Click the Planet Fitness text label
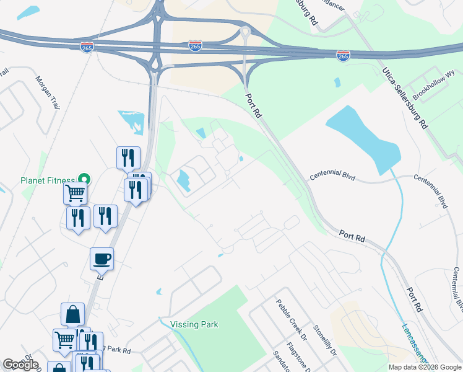[x=47, y=180]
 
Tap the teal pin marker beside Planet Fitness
[x=86, y=179]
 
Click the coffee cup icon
[x=102, y=258]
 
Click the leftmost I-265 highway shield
[x=86, y=48]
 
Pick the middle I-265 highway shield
[x=195, y=46]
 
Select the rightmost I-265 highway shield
[x=343, y=55]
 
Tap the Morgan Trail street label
[x=48, y=92]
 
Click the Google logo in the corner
[x=21, y=365]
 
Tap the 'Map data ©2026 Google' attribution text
[x=425, y=367]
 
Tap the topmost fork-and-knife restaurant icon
[x=128, y=157]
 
